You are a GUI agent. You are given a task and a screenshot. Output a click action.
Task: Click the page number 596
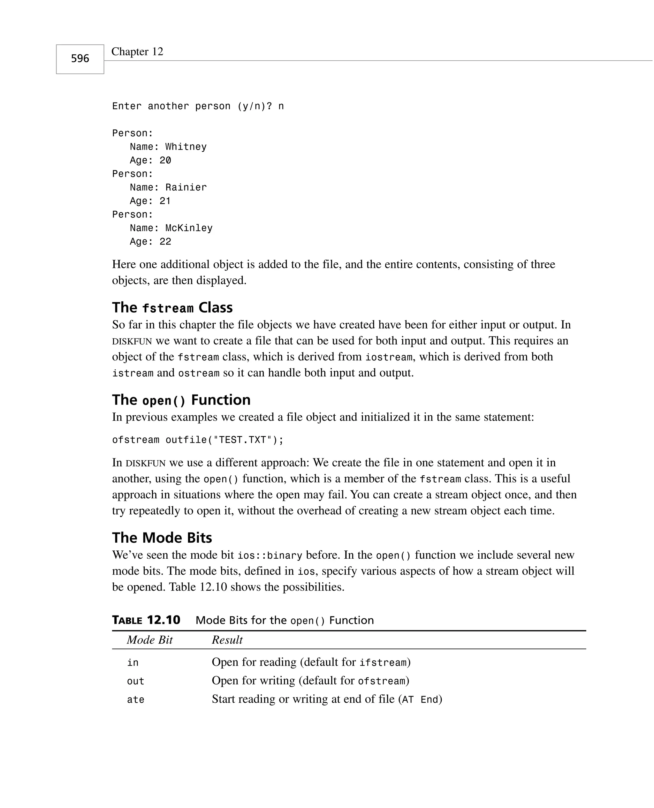(x=80, y=59)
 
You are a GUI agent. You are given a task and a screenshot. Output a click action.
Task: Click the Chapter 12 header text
(x=137, y=52)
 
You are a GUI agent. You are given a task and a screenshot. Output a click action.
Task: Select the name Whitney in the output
(x=186, y=147)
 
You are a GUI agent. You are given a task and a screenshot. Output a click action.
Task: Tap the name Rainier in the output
(x=186, y=187)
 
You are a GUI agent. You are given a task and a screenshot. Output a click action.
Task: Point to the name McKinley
(x=189, y=228)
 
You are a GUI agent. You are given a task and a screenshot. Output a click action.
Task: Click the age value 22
(x=165, y=242)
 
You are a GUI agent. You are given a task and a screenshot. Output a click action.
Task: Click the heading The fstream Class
(x=172, y=308)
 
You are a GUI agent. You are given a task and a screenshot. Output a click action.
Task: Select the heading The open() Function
(x=181, y=400)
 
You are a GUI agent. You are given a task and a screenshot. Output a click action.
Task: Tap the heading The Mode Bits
(x=162, y=538)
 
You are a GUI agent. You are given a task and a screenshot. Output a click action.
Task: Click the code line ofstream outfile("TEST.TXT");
(x=198, y=440)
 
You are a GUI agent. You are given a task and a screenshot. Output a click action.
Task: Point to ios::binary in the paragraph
(x=270, y=556)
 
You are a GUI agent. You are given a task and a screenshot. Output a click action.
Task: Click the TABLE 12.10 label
(x=146, y=620)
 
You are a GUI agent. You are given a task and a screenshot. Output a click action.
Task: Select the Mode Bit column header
(x=149, y=640)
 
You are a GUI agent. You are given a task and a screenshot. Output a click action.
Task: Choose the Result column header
(x=227, y=640)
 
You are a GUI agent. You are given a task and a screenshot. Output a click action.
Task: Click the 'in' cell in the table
(x=133, y=663)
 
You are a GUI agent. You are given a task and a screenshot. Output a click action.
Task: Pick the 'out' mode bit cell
(x=135, y=681)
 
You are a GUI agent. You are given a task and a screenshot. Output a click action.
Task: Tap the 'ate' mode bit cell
(x=135, y=699)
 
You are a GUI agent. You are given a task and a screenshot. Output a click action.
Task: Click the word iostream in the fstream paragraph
(x=389, y=357)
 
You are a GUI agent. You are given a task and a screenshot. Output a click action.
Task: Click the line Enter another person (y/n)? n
(x=198, y=106)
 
